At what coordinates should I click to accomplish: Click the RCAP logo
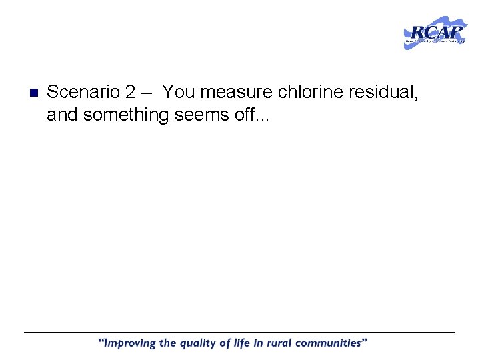[x=435, y=32]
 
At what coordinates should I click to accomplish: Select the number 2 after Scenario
[x=130, y=92]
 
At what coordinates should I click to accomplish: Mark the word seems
[x=199, y=115]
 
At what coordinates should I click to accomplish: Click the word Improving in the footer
[x=129, y=344]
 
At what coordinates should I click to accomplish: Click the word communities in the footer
[x=333, y=343]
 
